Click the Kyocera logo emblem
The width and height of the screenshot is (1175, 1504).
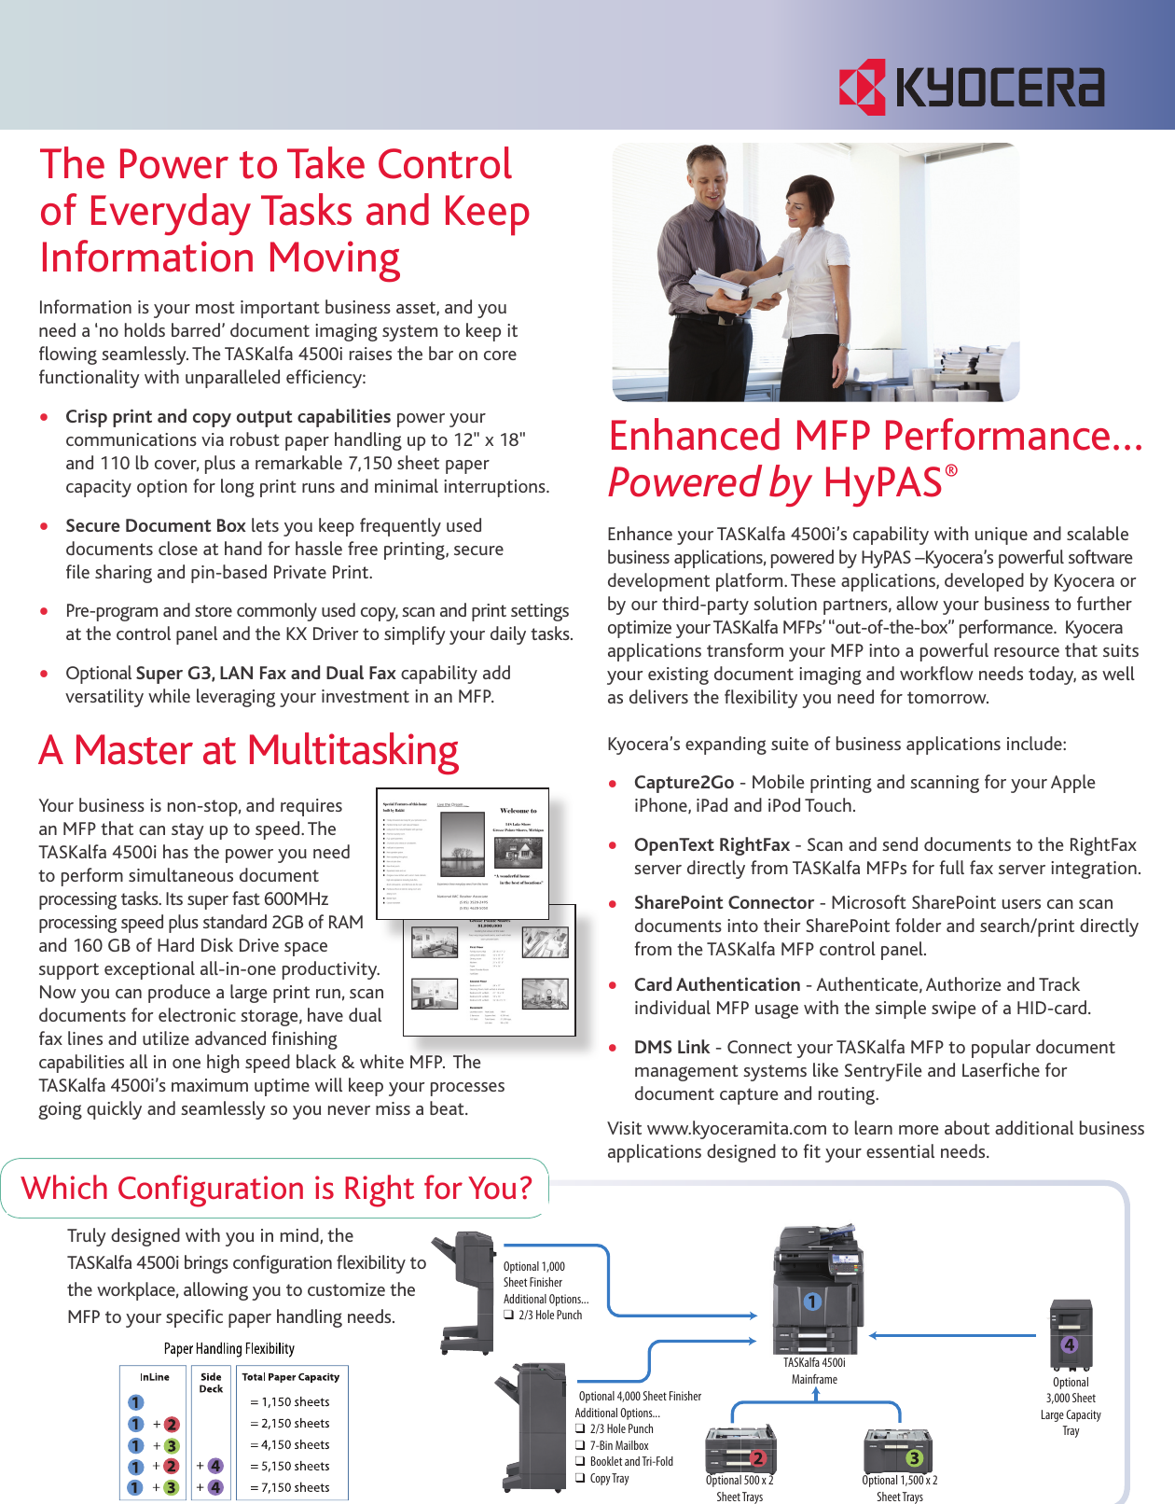click(x=862, y=87)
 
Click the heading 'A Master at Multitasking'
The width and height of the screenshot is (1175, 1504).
click(x=248, y=750)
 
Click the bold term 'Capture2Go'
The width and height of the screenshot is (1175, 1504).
click(x=684, y=783)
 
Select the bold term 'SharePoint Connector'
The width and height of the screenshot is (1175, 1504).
click(x=724, y=903)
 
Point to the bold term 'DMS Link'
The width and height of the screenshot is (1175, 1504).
click(x=671, y=1048)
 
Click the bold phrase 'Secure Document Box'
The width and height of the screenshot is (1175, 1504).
click(x=156, y=526)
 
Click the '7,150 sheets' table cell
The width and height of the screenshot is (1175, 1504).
click(x=290, y=1487)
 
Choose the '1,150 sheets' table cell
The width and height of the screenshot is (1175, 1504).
click(x=290, y=1401)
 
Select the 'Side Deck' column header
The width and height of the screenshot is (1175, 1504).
click(x=212, y=1383)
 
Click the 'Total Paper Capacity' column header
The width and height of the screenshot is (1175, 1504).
click(x=291, y=1377)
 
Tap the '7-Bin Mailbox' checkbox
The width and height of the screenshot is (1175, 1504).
click(x=580, y=1445)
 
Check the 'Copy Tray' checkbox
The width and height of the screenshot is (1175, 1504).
click(x=580, y=1478)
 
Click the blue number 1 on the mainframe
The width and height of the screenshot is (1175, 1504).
click(x=812, y=1301)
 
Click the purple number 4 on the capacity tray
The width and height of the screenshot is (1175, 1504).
click(x=1070, y=1344)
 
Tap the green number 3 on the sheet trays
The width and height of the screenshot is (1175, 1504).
click(x=914, y=1458)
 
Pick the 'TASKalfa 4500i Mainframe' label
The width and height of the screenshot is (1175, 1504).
click(x=814, y=1371)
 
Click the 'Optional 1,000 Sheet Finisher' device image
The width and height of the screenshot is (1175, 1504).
click(x=465, y=1292)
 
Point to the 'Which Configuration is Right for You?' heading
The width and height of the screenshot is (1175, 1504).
click(x=276, y=1189)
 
